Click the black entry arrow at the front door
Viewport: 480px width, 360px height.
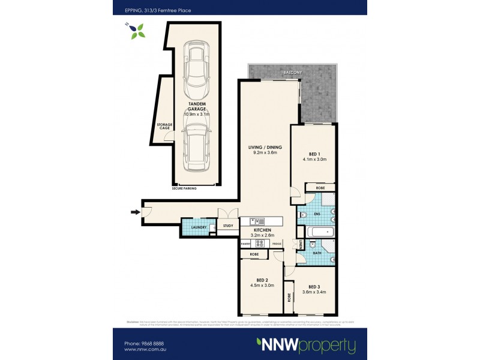tap(134, 211)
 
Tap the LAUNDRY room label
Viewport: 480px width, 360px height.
tap(199, 227)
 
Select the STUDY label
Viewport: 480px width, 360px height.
tap(228, 226)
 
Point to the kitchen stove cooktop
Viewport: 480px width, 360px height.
tap(262, 244)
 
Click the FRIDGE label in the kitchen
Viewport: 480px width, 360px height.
tap(276, 244)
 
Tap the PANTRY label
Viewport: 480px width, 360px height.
tap(245, 244)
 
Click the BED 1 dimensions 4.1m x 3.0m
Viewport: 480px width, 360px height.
tap(313, 159)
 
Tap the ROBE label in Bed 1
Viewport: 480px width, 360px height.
tap(320, 188)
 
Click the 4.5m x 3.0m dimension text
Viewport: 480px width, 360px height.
tap(261, 286)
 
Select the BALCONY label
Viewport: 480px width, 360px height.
tap(293, 72)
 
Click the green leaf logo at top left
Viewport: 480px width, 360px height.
tap(137, 30)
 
